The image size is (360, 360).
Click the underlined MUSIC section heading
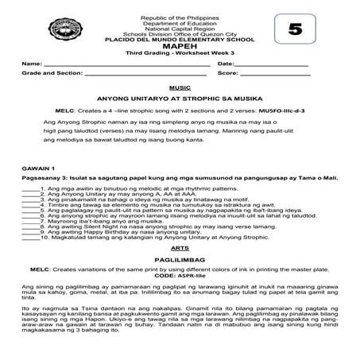[180, 87]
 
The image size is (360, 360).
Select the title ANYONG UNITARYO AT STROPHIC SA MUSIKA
[180, 100]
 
